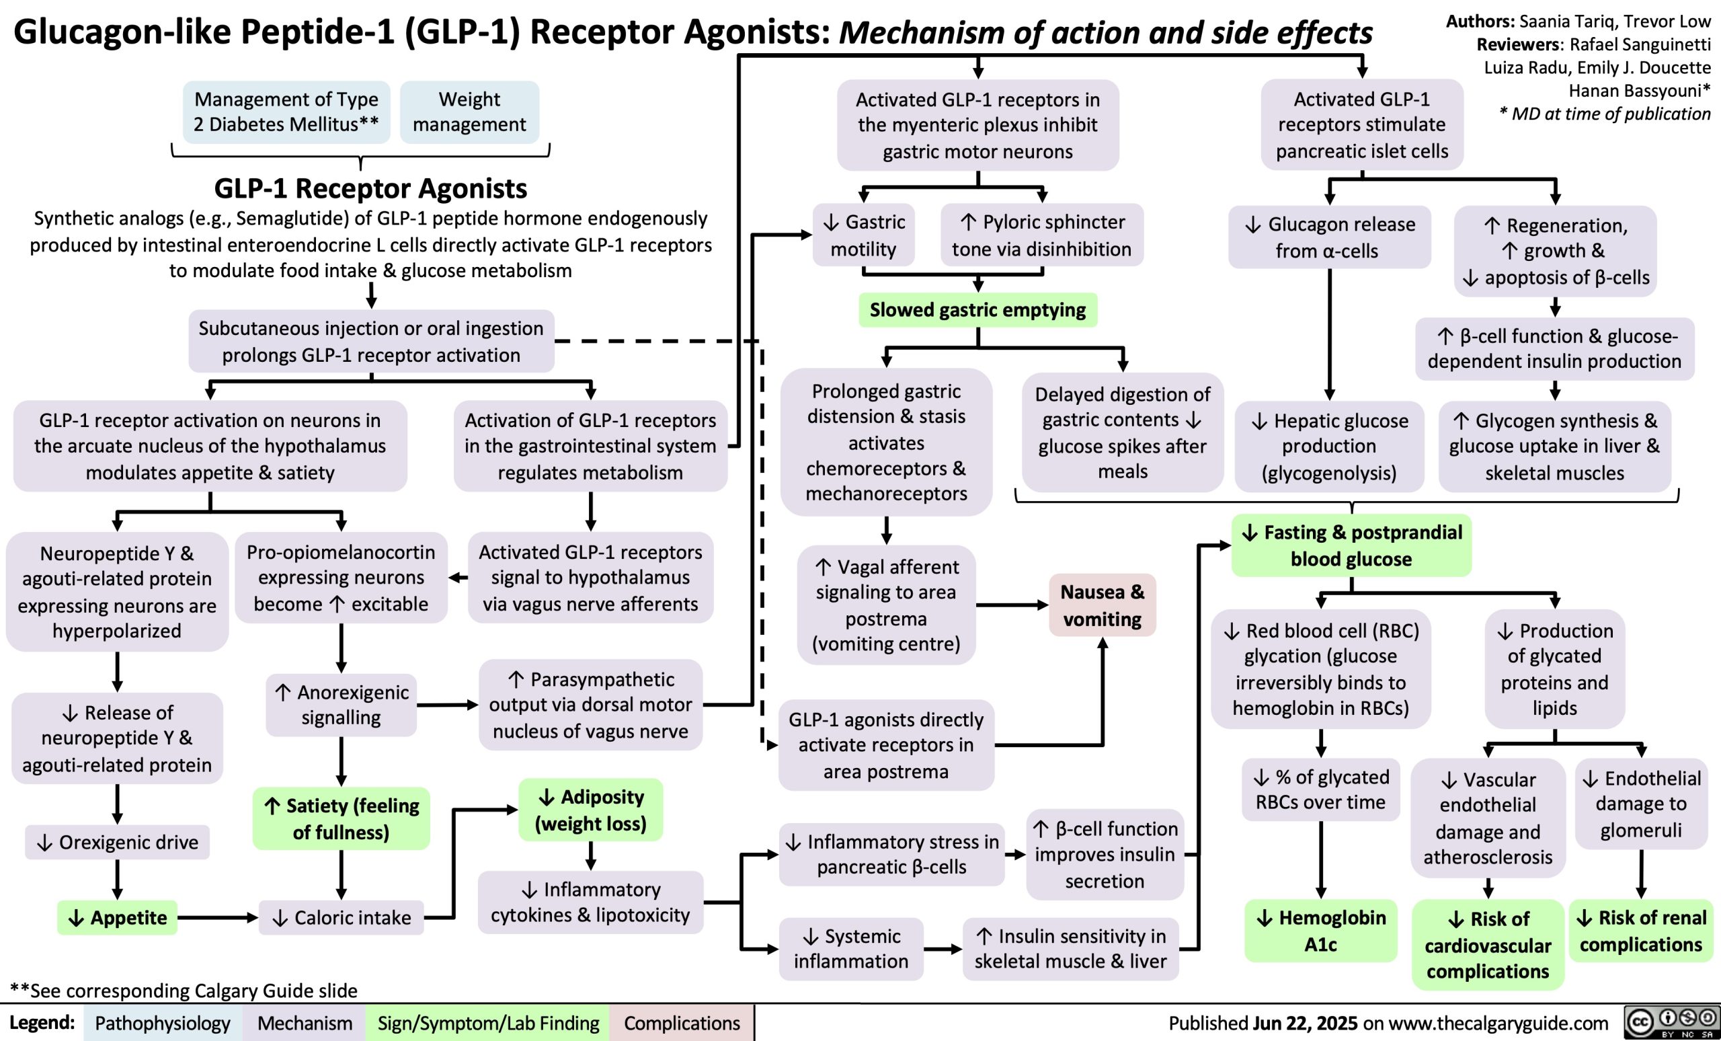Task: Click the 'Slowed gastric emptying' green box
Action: click(977, 309)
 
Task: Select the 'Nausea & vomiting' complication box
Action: click(1101, 605)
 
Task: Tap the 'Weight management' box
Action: click(469, 112)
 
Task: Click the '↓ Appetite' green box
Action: click(118, 917)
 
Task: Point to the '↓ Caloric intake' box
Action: click(342, 917)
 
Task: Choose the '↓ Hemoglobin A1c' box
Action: click(1320, 931)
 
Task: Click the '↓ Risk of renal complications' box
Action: click(1642, 931)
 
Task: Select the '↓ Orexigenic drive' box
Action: click(118, 842)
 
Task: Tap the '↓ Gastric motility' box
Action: click(863, 235)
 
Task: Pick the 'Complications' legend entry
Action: click(682, 1023)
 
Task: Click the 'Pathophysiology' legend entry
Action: click(163, 1023)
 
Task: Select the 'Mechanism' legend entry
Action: click(305, 1023)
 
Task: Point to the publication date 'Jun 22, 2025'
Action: click(1305, 1023)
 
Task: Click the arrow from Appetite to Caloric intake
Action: click(216, 917)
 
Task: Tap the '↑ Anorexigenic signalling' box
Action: click(342, 704)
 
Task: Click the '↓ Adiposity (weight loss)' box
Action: click(591, 810)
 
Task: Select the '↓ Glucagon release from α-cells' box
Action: click(1330, 237)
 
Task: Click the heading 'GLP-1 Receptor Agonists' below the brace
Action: click(370, 188)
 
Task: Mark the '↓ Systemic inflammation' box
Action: click(850, 948)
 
